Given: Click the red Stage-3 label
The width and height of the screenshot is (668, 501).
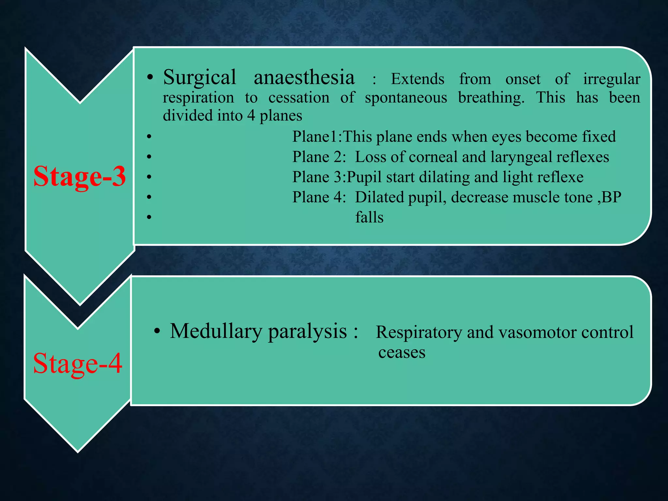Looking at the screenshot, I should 79,176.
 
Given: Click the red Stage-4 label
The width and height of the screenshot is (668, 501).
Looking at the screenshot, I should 78,363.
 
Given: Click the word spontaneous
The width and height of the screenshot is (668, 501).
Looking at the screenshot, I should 406,98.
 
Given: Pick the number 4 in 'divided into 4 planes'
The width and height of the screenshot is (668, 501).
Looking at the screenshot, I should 251,115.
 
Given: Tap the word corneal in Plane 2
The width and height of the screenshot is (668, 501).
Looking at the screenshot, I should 433,157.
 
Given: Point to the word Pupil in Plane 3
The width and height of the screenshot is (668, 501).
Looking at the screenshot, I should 364,177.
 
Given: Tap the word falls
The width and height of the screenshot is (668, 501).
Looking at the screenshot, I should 369,217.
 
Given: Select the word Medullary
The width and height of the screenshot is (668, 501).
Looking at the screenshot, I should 216,331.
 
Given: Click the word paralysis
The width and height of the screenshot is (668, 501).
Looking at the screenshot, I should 307,331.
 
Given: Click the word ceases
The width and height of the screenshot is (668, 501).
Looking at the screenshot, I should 402,353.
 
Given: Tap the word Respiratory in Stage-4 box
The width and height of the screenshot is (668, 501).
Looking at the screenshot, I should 419,332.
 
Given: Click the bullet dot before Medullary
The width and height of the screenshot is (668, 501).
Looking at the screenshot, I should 157,332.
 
